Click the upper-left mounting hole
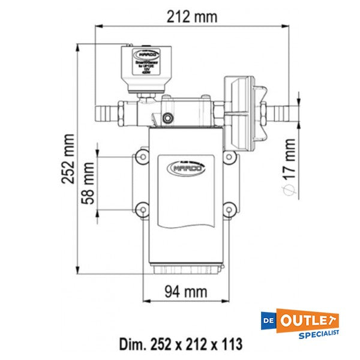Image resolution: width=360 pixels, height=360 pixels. [142, 157]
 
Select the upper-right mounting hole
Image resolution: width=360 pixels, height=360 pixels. [229, 157]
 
